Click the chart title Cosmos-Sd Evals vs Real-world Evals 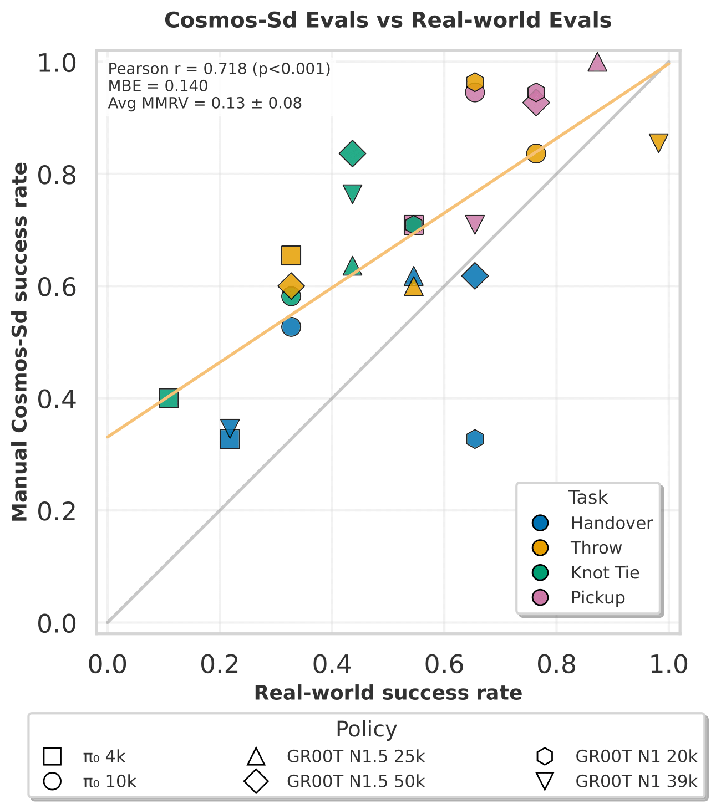click(388, 21)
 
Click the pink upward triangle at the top click(597, 63)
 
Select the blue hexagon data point click(474, 439)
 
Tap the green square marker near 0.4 click(169, 398)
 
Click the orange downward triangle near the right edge click(658, 142)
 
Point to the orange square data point click(291, 255)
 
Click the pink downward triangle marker click(474, 224)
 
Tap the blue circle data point click(291, 327)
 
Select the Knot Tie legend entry click(605, 572)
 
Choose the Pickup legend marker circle click(539, 597)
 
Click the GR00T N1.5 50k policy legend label click(356, 781)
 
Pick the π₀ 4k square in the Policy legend click(52, 756)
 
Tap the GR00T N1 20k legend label click(636, 756)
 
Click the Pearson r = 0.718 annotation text click(219, 69)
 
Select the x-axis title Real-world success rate click(388, 693)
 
